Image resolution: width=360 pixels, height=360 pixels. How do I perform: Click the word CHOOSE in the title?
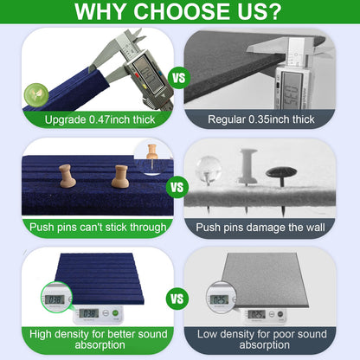coord(179,11)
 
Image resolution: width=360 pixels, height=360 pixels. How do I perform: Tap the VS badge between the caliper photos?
coord(179,78)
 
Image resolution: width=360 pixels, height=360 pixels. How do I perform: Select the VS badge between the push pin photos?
coord(177,188)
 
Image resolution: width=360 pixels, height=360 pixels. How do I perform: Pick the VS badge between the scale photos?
coord(177,299)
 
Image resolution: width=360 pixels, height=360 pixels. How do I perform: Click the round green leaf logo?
coord(36,95)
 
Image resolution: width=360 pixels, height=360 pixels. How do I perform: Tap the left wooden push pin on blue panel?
coord(67,176)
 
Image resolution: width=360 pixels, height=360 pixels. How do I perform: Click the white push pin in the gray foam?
coord(247,167)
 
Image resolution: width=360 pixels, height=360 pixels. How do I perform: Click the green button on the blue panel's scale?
coord(115,312)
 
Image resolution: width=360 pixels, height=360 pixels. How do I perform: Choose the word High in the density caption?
coord(41,334)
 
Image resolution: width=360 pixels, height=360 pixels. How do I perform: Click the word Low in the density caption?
coord(207,334)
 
